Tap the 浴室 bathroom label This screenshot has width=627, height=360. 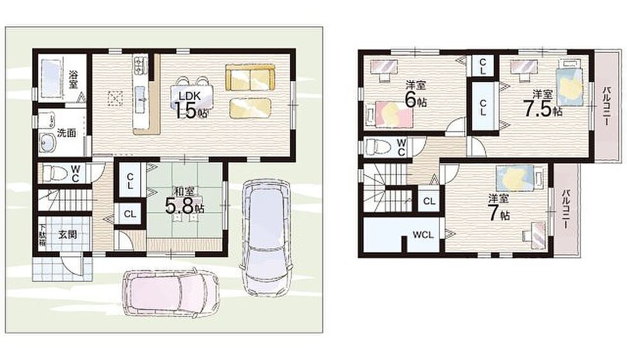(73, 79)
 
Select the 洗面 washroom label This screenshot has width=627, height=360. (67, 132)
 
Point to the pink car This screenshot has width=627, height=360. (171, 293)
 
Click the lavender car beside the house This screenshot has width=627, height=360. (266, 238)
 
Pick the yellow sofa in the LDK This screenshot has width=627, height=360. (250, 77)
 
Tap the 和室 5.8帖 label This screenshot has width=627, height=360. (185, 200)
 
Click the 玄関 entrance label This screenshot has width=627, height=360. (67, 235)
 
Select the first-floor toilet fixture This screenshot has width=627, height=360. (55, 173)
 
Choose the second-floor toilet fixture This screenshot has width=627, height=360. (378, 146)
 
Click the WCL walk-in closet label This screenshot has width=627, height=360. (423, 235)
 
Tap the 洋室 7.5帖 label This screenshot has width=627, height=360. (543, 104)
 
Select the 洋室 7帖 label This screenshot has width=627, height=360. (498, 208)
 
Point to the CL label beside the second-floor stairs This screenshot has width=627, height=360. (429, 201)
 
